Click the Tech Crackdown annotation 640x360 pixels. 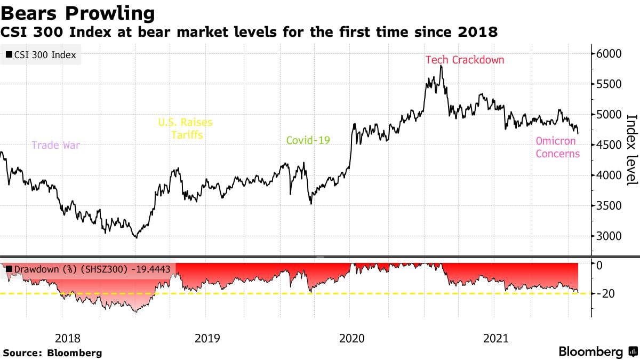pyautogui.click(x=465, y=60)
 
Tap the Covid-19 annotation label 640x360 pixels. pyautogui.click(x=308, y=140)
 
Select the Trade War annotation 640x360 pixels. pyautogui.click(x=55, y=145)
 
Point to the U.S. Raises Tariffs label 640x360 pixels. pyautogui.click(x=185, y=129)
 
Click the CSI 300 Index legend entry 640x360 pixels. pyautogui.click(x=41, y=54)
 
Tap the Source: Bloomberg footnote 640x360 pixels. pyautogui.click(x=52, y=353)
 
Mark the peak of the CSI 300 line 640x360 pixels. pyautogui.click(x=441, y=66)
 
